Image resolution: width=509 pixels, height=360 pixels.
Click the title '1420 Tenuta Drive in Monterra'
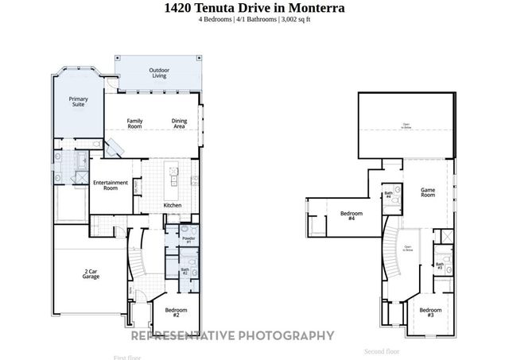click(254, 8)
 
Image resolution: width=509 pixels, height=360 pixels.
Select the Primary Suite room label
click(78, 102)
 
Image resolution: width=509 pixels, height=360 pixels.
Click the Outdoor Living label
click(159, 73)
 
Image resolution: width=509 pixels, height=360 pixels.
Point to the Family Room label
click(135, 123)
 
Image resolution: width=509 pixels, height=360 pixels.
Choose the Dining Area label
click(180, 123)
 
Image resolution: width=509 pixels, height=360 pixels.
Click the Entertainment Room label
click(111, 185)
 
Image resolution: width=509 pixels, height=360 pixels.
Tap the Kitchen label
click(173, 206)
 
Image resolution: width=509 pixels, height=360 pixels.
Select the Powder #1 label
click(188, 239)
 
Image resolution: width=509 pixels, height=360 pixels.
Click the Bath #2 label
click(184, 271)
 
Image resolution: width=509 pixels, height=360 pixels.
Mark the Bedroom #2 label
click(177, 312)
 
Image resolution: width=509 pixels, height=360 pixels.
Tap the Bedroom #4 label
click(352, 215)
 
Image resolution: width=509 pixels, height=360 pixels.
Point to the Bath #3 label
click(439, 266)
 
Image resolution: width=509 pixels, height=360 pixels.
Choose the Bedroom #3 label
click(430, 312)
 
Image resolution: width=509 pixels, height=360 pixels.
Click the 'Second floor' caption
click(382, 350)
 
